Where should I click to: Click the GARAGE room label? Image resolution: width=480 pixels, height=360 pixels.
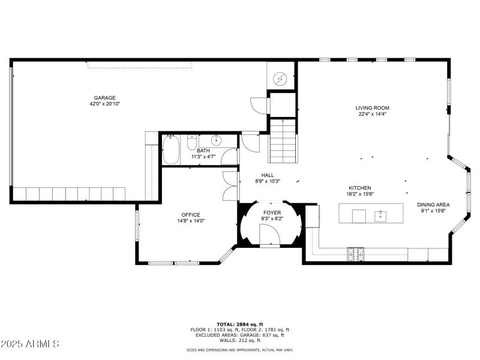[x=104, y=98]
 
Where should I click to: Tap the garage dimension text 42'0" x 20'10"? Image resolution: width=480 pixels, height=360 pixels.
[x=104, y=104]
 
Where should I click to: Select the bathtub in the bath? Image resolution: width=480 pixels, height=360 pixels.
[x=170, y=149]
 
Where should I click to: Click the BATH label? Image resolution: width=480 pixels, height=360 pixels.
[x=203, y=151]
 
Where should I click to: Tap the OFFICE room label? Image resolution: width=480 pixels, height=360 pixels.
[x=191, y=215]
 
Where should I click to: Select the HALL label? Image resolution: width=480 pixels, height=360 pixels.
[x=267, y=175]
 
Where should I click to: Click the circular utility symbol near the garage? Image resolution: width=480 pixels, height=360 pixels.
[x=281, y=78]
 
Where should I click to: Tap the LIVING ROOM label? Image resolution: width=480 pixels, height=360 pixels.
[x=373, y=108]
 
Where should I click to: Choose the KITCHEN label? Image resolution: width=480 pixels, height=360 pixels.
[x=359, y=188]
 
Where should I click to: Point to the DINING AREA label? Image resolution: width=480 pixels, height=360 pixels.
[x=433, y=205]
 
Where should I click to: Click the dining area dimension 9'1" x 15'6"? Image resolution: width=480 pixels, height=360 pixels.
[x=433, y=211]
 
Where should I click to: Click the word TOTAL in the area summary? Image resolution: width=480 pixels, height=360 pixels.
[x=226, y=324]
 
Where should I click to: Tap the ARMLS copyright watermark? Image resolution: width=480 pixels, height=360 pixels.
[x=30, y=344]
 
